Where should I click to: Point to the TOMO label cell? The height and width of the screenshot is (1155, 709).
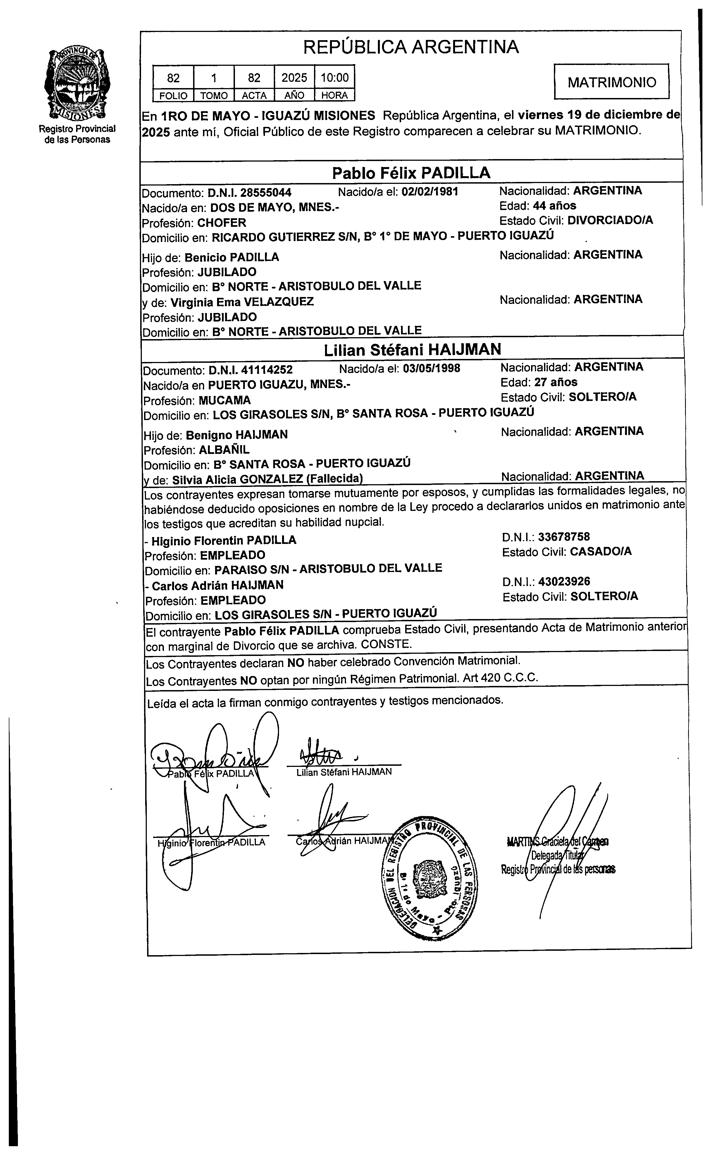pyautogui.click(x=214, y=96)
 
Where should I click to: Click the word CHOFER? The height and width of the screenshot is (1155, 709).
pyautogui.click(x=222, y=223)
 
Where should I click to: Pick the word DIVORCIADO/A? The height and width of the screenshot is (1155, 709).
pyautogui.click(x=610, y=220)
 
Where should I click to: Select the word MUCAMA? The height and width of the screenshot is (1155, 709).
pyautogui.click(x=224, y=400)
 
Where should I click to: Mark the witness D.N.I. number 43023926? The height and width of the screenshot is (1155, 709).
pyautogui.click(x=564, y=582)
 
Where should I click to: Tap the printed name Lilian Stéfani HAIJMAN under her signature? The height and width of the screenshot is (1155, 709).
pyautogui.click(x=344, y=772)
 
